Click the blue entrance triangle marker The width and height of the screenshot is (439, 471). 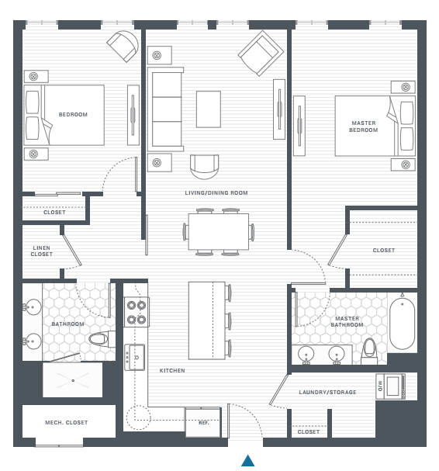click(247, 460)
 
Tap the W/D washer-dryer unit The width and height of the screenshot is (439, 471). click(390, 386)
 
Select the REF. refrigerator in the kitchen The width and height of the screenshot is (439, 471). click(203, 422)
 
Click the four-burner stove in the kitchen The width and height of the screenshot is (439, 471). click(137, 312)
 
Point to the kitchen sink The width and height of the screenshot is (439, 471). click(135, 357)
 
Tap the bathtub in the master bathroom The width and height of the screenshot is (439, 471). click(402, 323)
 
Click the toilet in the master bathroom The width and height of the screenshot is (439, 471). click(369, 352)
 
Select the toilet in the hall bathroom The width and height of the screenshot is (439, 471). click(102, 339)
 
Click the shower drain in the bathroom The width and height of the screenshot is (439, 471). click(73, 380)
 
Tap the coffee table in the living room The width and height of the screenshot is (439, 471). click(209, 109)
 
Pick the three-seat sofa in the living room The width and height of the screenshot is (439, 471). click(165, 109)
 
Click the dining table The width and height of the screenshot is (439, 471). click(218, 231)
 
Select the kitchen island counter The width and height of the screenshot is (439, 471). click(207, 320)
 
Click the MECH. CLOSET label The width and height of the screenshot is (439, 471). click(67, 423)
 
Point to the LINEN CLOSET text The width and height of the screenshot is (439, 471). click(42, 251)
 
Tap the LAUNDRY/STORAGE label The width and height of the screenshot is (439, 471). click(327, 393)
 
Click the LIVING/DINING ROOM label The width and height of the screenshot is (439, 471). click(216, 193)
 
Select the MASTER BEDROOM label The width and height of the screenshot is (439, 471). click(363, 126)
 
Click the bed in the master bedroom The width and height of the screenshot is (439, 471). click(375, 126)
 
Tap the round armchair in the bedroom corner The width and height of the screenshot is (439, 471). click(123, 46)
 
